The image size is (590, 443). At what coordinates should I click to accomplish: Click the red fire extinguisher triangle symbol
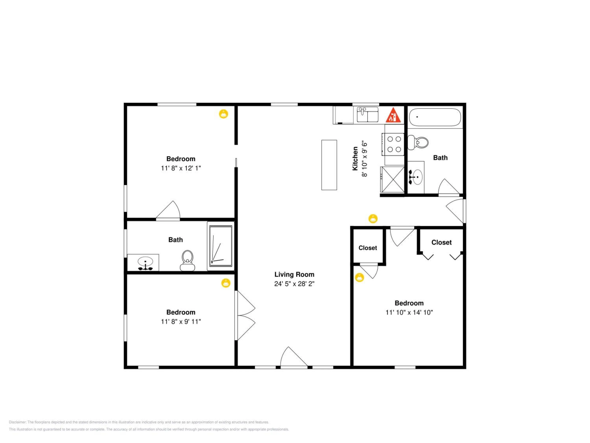[x=393, y=115]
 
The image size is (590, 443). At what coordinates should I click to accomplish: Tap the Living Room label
[x=294, y=274]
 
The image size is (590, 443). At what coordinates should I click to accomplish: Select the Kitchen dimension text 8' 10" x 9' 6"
[x=364, y=159]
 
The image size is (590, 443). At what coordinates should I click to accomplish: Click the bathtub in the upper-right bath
[x=435, y=117]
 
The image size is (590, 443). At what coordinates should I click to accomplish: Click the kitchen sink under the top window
[x=368, y=115]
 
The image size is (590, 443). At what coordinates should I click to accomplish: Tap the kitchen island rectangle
[x=329, y=165]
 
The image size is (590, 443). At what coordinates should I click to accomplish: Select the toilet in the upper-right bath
[x=418, y=142]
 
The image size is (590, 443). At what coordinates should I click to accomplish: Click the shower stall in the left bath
[x=221, y=246]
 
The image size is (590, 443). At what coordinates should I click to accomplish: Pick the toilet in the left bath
[x=187, y=261]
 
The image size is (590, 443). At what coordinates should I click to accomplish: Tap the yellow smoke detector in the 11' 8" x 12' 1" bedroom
[x=224, y=114]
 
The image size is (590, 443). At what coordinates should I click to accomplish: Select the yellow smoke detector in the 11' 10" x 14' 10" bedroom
[x=360, y=277]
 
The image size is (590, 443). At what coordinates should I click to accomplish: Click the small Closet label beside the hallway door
[x=368, y=248]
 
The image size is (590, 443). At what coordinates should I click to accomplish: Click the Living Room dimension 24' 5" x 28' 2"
[x=294, y=284]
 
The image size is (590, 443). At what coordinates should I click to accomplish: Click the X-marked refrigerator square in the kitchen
[x=393, y=179]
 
